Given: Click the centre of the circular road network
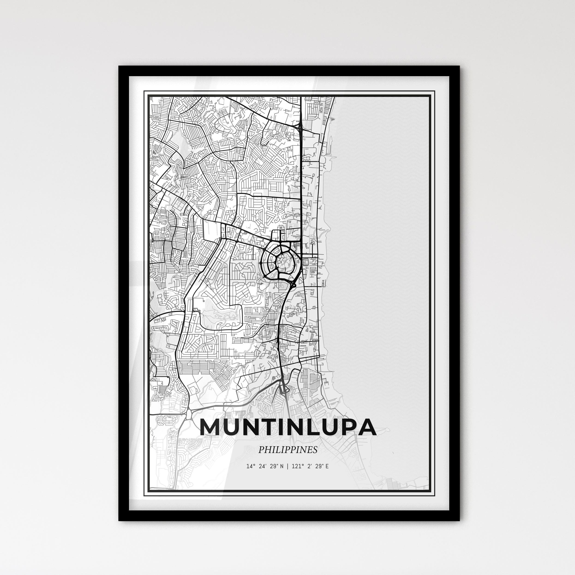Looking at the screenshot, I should [x=281, y=262].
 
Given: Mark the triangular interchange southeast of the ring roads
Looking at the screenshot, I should [x=293, y=285].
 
